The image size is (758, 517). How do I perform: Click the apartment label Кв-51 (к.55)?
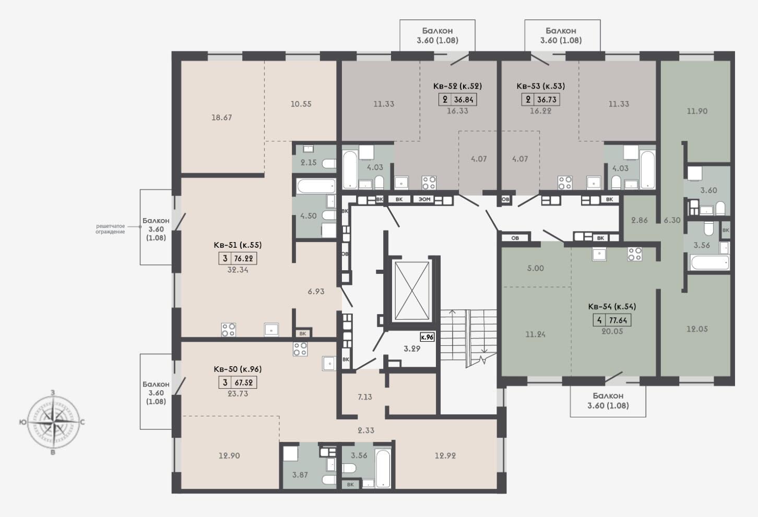(x=238, y=245)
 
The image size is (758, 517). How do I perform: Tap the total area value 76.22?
(x=244, y=259)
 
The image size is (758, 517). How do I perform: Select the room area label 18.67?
(x=222, y=117)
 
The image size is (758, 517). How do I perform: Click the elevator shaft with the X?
(x=412, y=291)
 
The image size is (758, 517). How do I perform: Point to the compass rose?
(x=53, y=422)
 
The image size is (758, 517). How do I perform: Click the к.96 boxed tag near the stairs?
(x=427, y=337)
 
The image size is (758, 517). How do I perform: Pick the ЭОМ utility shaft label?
(x=424, y=199)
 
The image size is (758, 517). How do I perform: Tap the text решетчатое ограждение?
(x=110, y=229)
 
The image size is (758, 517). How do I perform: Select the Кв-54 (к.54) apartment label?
(x=612, y=306)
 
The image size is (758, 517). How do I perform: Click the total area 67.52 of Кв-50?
(x=244, y=382)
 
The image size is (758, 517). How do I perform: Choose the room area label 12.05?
(x=697, y=329)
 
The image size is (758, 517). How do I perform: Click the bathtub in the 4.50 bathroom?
(x=316, y=186)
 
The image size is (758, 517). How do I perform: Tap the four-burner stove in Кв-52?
(x=429, y=183)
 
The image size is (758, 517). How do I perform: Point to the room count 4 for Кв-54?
(x=599, y=320)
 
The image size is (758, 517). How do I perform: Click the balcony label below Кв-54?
(x=608, y=400)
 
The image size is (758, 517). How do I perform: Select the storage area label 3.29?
(x=412, y=348)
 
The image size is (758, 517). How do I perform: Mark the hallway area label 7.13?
(x=365, y=396)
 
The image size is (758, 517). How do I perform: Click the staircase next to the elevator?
(x=468, y=339)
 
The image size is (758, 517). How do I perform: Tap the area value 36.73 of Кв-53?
(x=547, y=100)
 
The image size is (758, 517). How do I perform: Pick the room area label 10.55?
(x=301, y=104)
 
